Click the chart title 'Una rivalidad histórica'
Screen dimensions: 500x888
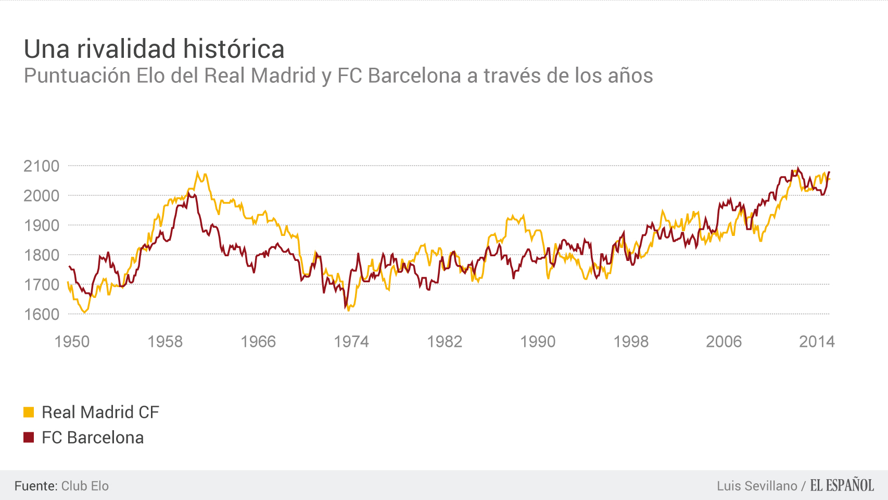[154, 49]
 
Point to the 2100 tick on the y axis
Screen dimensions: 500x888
[42, 166]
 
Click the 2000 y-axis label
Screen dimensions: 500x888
[42, 196]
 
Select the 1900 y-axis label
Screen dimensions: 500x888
[42, 226]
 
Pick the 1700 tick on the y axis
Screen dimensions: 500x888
[42, 285]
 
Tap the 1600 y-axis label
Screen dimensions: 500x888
[42, 315]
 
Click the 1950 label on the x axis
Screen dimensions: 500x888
[72, 342]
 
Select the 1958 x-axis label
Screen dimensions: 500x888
[165, 342]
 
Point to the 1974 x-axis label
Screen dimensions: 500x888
[351, 342]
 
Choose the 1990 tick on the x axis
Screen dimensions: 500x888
[538, 342]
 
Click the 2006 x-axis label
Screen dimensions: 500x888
[724, 342]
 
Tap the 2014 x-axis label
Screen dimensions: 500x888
[817, 342]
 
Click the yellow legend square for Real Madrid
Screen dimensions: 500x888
[29, 412]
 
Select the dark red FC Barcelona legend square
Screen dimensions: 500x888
[29, 438]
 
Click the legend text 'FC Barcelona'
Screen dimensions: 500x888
[93, 438]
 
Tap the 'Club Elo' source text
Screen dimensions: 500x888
[85, 486]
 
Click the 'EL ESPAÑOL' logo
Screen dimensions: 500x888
[842, 485]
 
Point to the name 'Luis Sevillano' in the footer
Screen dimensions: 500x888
[757, 486]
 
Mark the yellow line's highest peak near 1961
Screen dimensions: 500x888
[197, 172]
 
